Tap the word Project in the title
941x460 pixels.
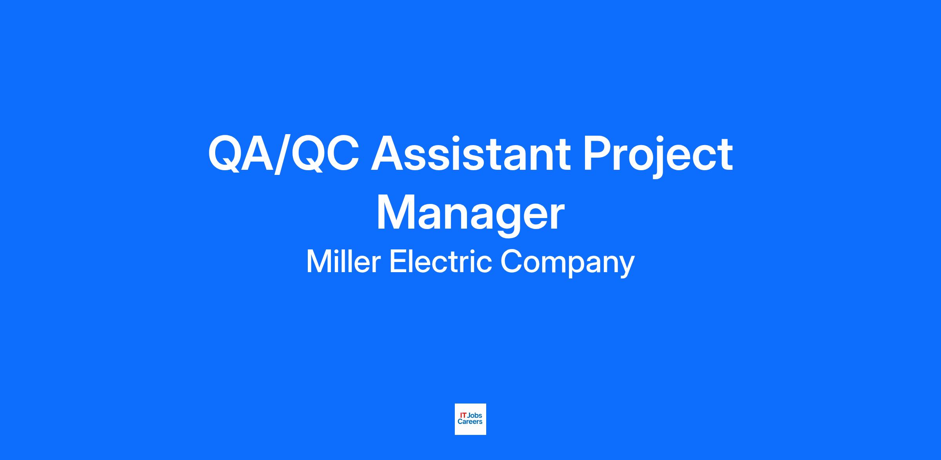658,156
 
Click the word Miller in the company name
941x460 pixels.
343,262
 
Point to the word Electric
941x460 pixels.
440,262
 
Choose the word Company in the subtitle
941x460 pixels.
567,263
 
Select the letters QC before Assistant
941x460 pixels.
324,154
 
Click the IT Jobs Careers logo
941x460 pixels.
470,419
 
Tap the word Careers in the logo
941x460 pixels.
470,422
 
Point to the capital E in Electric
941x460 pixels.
398,262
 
